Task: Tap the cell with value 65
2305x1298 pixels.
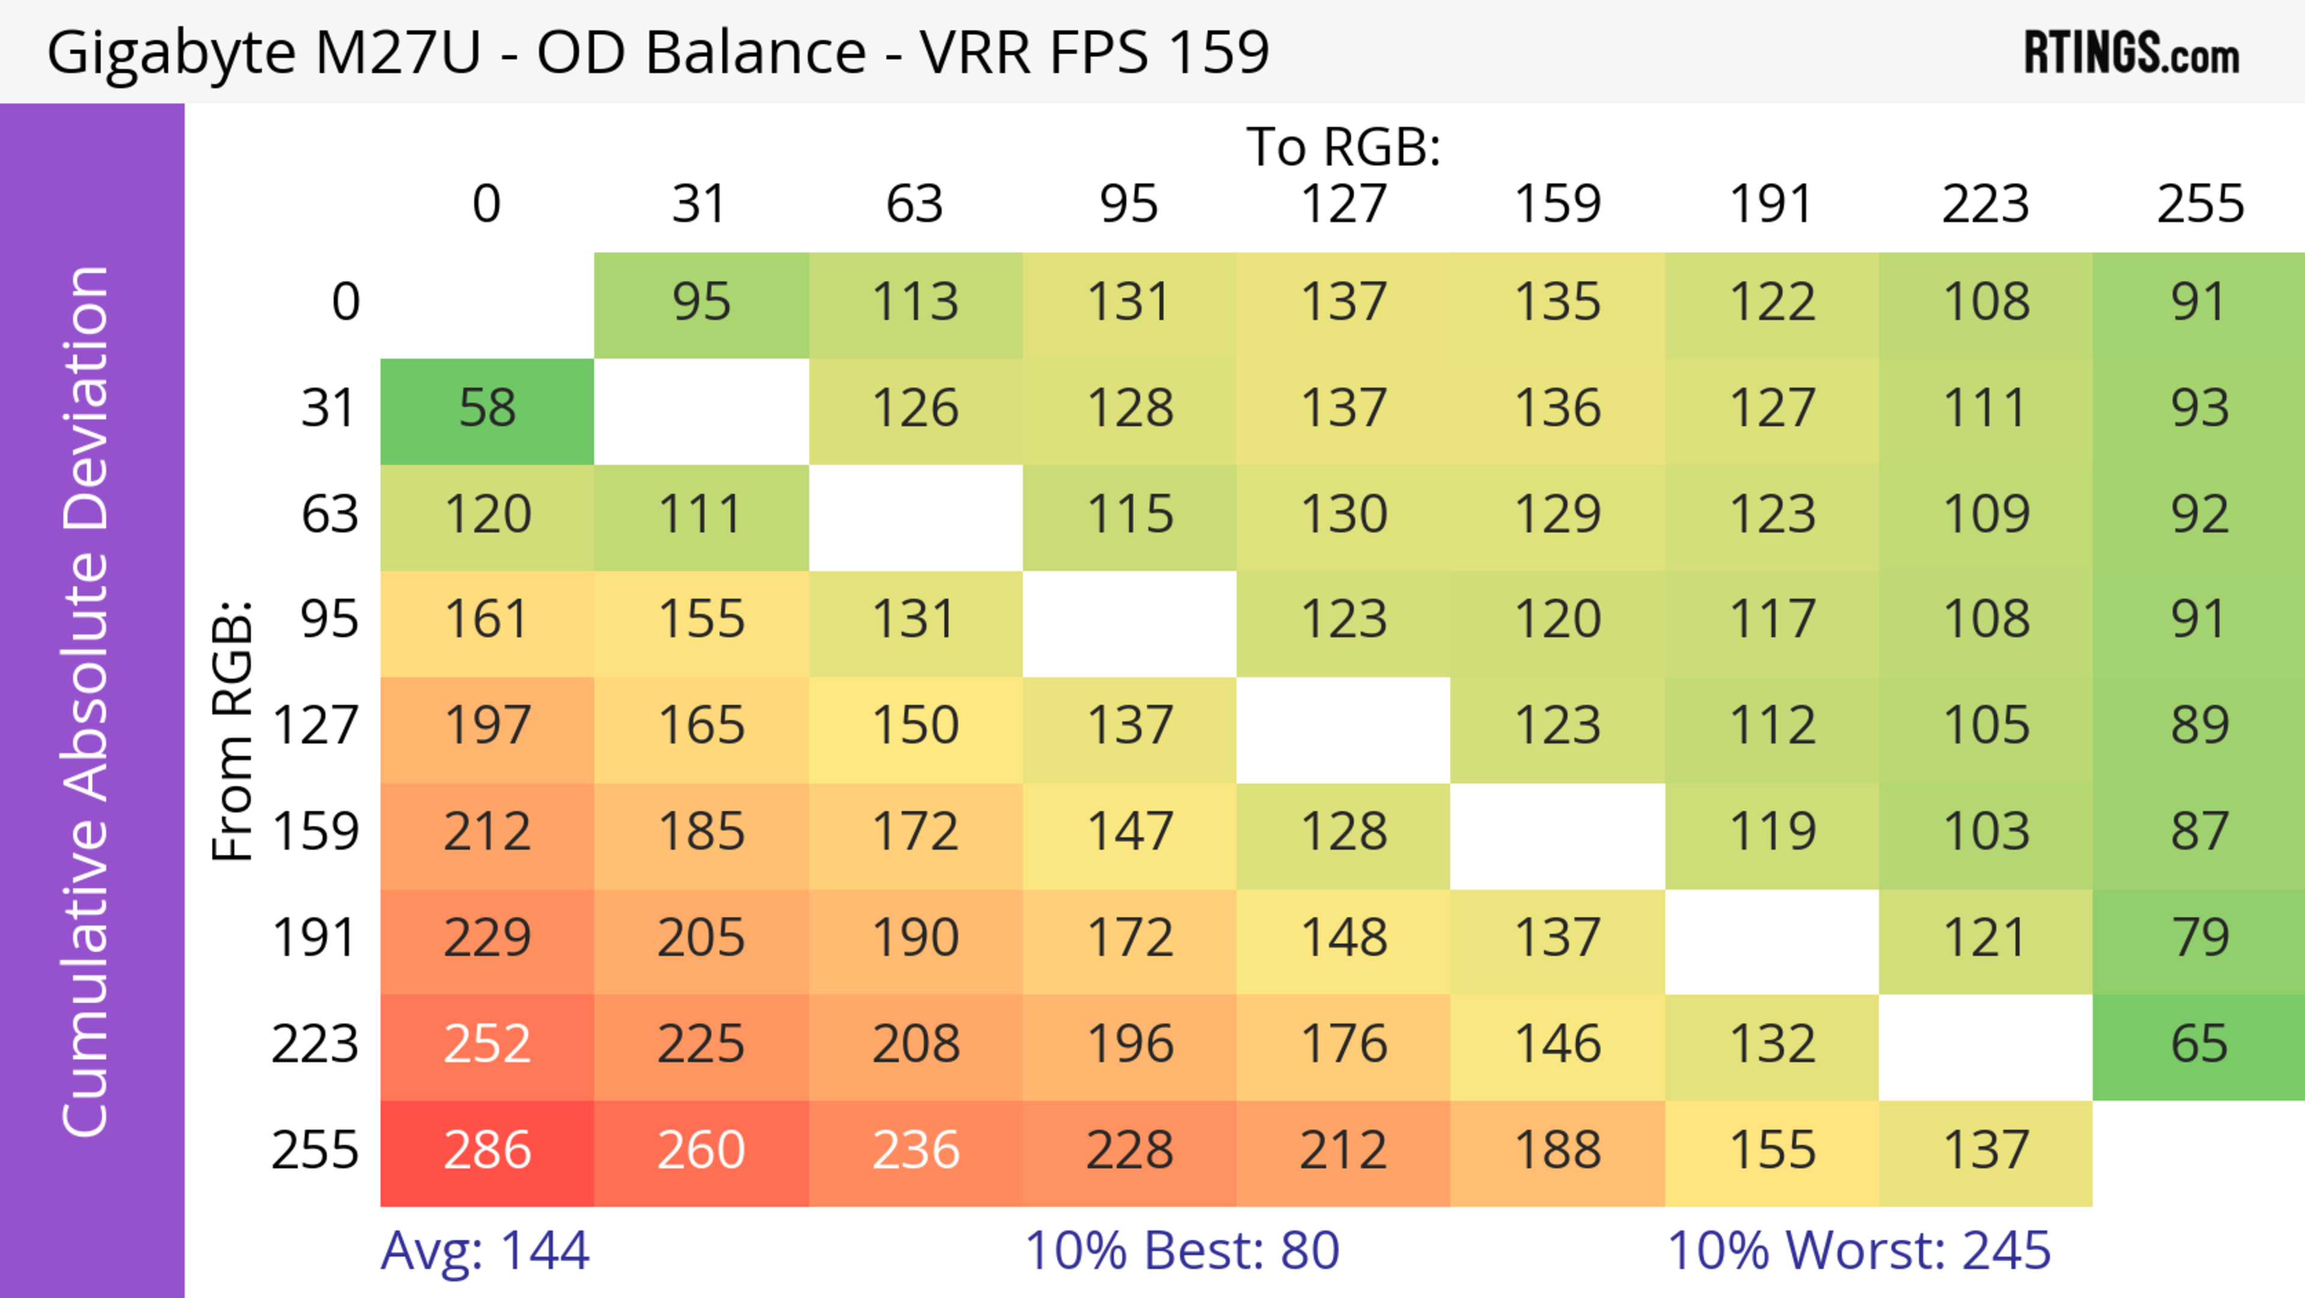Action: tap(2199, 1045)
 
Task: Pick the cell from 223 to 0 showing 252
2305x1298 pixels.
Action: tap(487, 1045)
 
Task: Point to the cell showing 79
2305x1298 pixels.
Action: tap(2199, 939)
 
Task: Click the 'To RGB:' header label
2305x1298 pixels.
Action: tap(1343, 147)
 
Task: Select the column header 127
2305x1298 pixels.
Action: tap(1343, 204)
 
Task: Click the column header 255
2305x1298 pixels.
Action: tap(2199, 204)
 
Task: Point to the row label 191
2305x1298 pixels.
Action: tap(315, 939)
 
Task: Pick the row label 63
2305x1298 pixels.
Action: tap(330, 515)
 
